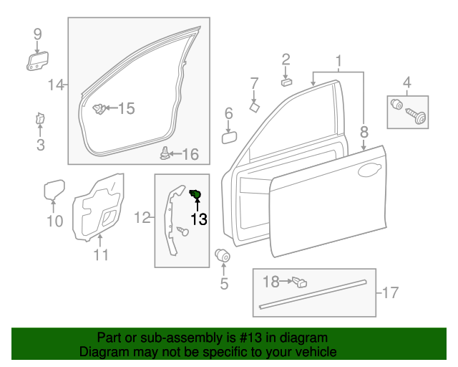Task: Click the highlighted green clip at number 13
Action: (x=195, y=194)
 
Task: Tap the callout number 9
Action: (x=37, y=34)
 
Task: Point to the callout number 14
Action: (x=55, y=86)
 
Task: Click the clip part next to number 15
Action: (x=99, y=109)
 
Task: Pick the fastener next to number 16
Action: (x=165, y=153)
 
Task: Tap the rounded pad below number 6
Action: (x=230, y=136)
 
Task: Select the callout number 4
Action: (x=407, y=82)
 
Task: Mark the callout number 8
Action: (x=364, y=132)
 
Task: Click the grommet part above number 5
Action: (x=223, y=256)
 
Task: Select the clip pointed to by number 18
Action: (x=301, y=283)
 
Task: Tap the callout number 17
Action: (x=390, y=292)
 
